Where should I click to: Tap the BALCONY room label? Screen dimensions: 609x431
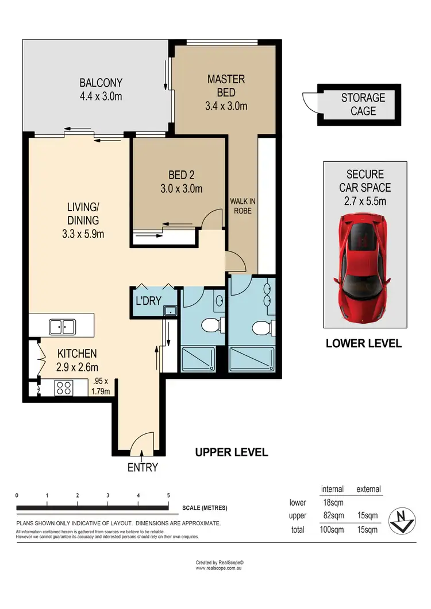[x=101, y=89]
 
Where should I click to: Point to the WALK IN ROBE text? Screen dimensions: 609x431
[x=241, y=205]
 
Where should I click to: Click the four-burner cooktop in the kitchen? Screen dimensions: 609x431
[x=63, y=388]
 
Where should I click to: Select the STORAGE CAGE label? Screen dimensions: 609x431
[x=363, y=104]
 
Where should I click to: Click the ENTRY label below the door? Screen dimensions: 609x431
[x=143, y=467]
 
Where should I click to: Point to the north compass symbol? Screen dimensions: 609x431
[x=402, y=521]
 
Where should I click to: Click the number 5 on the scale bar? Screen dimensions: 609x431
[x=168, y=495]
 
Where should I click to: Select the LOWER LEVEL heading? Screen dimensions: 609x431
[x=363, y=344]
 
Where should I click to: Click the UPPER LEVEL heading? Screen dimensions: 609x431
[x=232, y=452]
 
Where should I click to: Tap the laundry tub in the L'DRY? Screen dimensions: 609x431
[x=170, y=311]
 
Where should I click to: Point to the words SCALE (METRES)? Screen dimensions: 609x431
[x=205, y=507]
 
